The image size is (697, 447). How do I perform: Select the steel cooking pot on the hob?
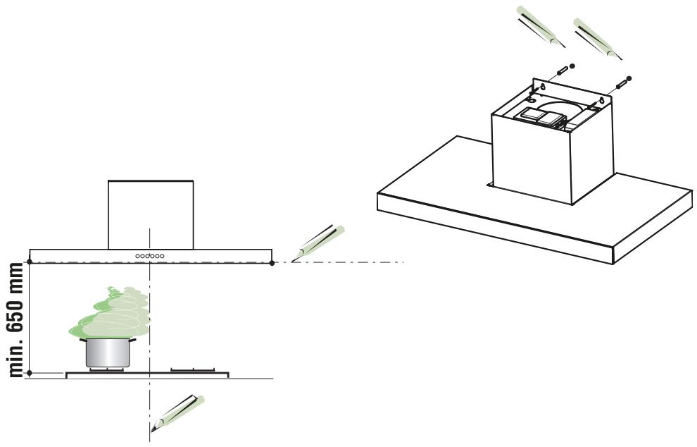[x=108, y=353]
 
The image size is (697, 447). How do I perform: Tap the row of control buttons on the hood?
[x=150, y=256]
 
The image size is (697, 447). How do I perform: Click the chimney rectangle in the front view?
[x=151, y=214]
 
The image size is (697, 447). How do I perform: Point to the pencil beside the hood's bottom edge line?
[x=318, y=243]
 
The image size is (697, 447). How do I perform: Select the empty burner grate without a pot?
[x=193, y=369]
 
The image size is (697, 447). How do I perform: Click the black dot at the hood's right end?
[x=272, y=263]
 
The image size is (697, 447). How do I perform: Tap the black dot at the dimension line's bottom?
[x=30, y=372]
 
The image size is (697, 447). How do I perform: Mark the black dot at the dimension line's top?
[x=30, y=262]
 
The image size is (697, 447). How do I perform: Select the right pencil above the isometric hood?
[x=598, y=39]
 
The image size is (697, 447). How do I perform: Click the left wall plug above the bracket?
[x=565, y=68]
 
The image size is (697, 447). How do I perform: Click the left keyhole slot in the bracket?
[x=542, y=87]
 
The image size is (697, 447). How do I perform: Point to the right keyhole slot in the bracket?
[x=601, y=101]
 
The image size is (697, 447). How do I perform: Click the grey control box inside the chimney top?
[x=539, y=117]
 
